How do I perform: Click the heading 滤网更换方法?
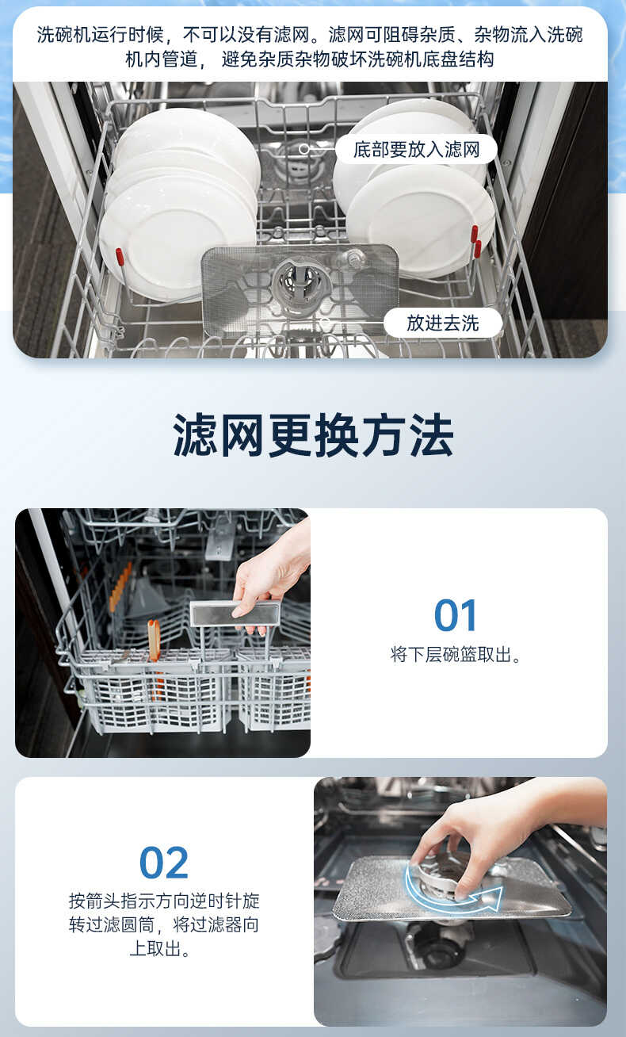(x=313, y=435)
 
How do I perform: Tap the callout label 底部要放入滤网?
(x=416, y=149)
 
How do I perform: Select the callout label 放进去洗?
(x=442, y=323)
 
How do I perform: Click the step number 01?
(x=456, y=615)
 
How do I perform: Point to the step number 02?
(x=164, y=863)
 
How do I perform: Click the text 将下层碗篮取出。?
(x=456, y=655)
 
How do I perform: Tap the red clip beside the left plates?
(x=120, y=257)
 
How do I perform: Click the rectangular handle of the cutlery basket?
(x=235, y=612)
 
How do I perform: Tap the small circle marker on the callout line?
(x=304, y=149)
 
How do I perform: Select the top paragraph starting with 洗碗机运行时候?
(x=310, y=47)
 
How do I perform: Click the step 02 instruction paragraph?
(x=164, y=924)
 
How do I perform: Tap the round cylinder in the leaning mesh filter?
(x=301, y=283)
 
